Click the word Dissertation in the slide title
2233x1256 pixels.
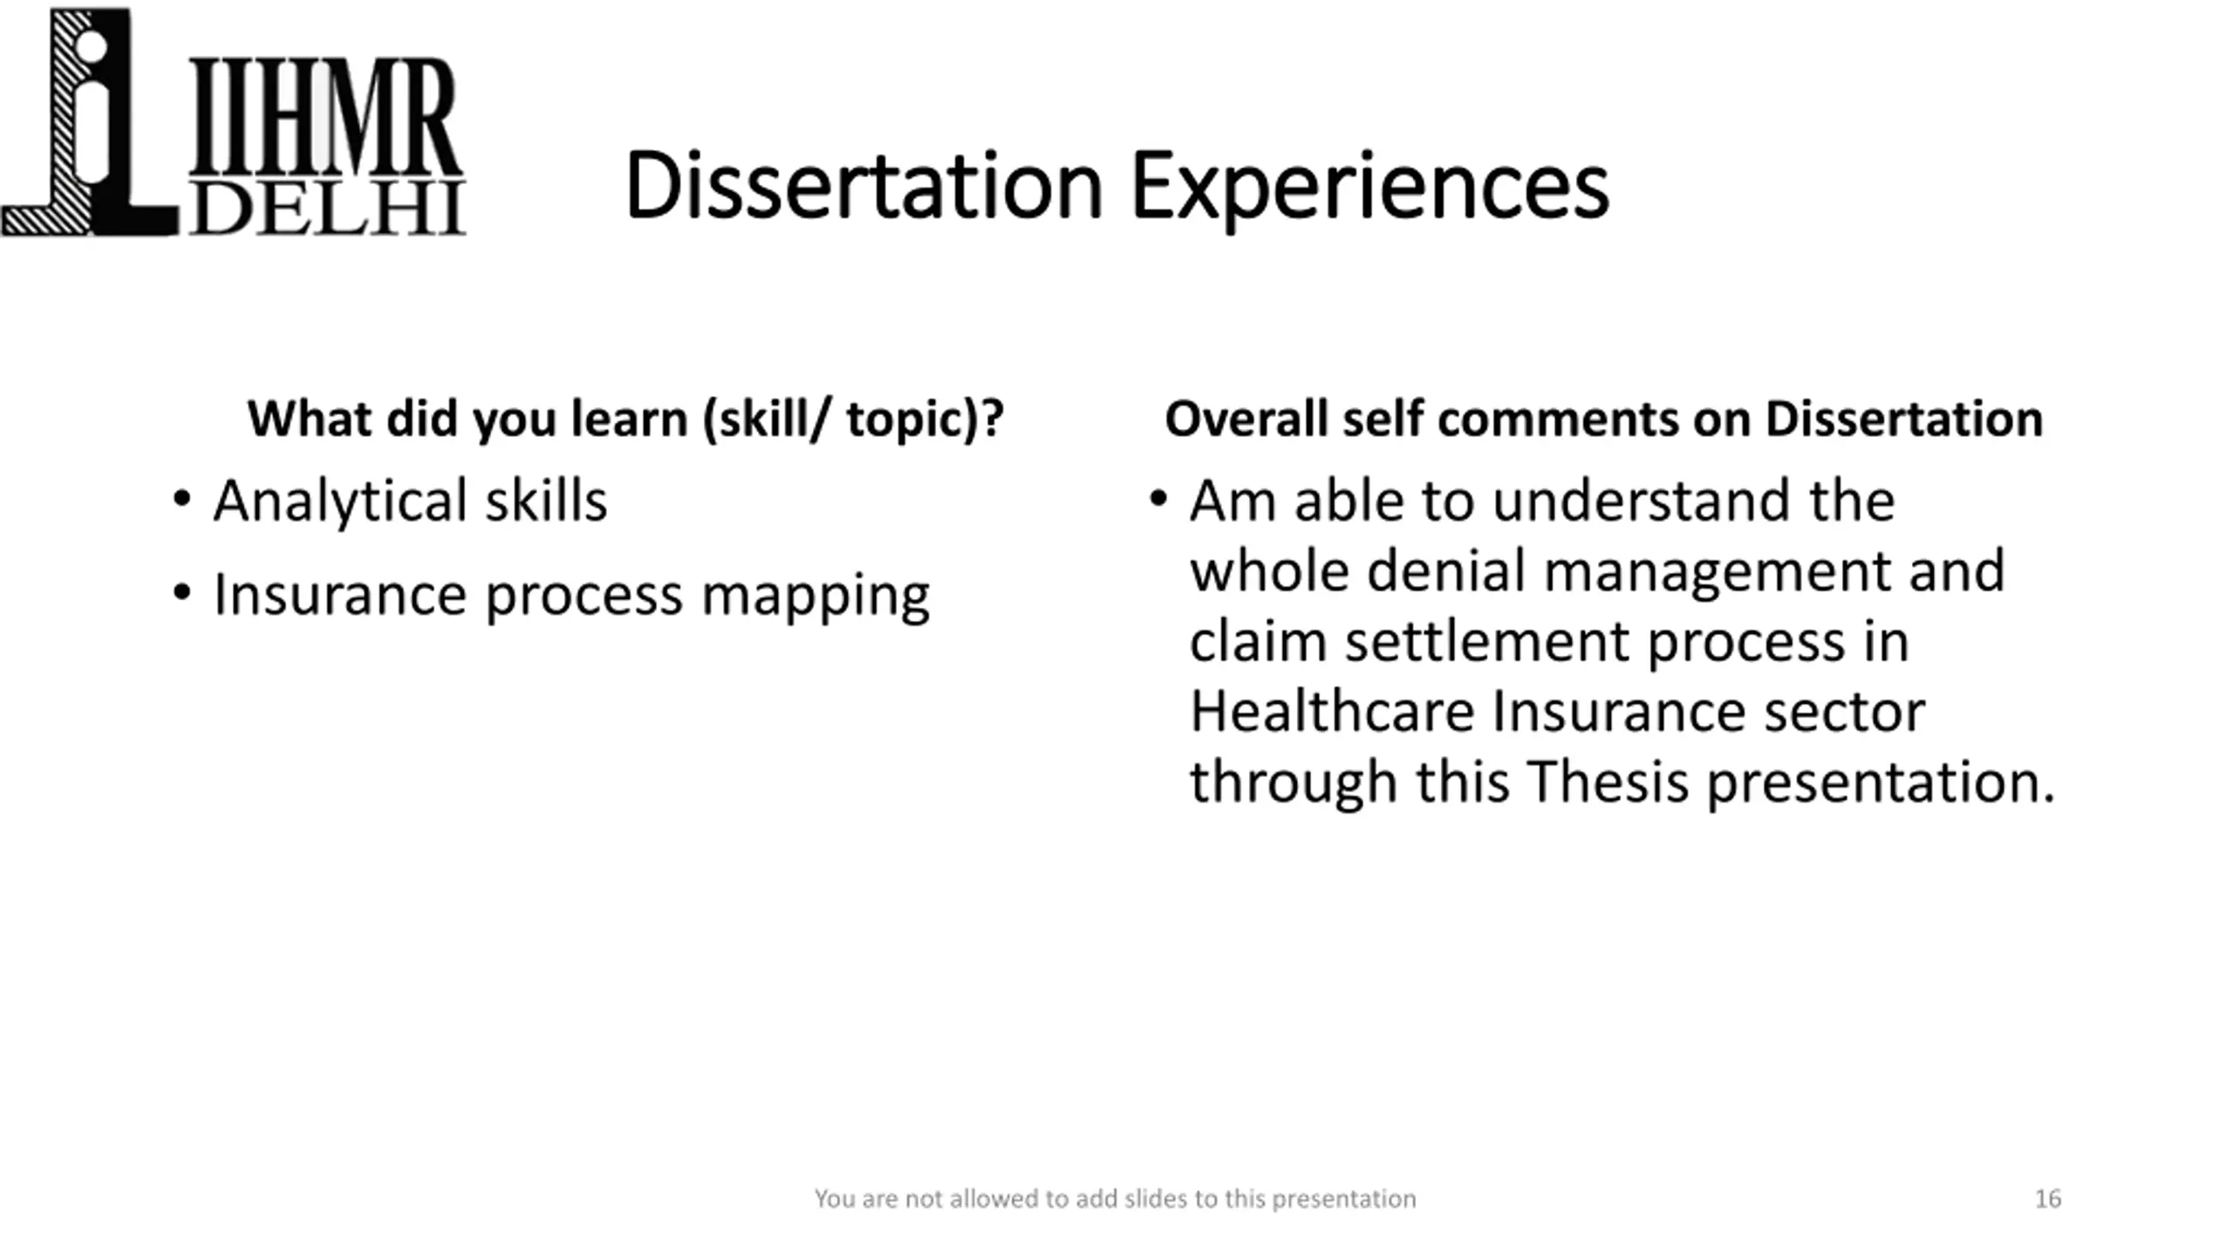[x=864, y=186]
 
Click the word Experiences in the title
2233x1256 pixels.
[x=1369, y=190]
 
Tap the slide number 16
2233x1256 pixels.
[x=2048, y=1198]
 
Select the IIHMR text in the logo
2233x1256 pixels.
[x=324, y=118]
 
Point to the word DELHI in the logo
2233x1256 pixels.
[x=327, y=208]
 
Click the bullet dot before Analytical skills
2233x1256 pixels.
[x=181, y=500]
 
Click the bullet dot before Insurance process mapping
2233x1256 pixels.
[x=181, y=593]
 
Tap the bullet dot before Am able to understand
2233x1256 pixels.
[x=1158, y=500]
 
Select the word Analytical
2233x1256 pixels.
[x=339, y=503]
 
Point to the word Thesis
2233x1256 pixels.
[x=1608, y=782]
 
